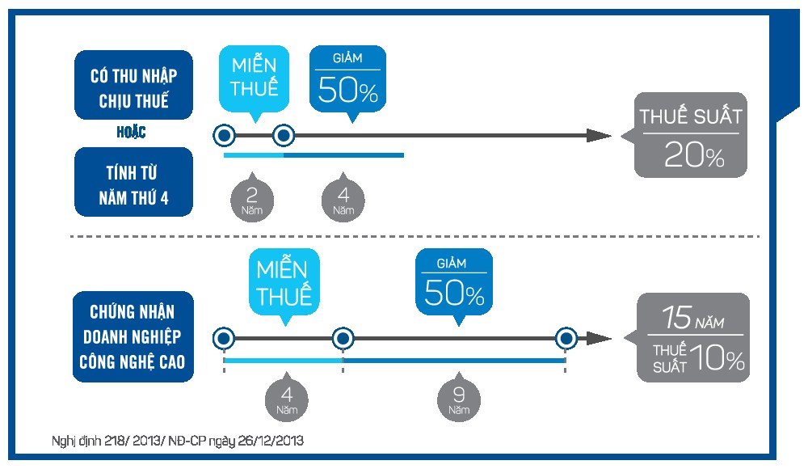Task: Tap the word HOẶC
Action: [130, 133]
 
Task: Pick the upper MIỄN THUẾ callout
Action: [255, 78]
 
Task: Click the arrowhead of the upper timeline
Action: [599, 136]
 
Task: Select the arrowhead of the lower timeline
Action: [599, 338]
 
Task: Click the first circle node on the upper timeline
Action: [224, 135]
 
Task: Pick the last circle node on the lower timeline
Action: [567, 338]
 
